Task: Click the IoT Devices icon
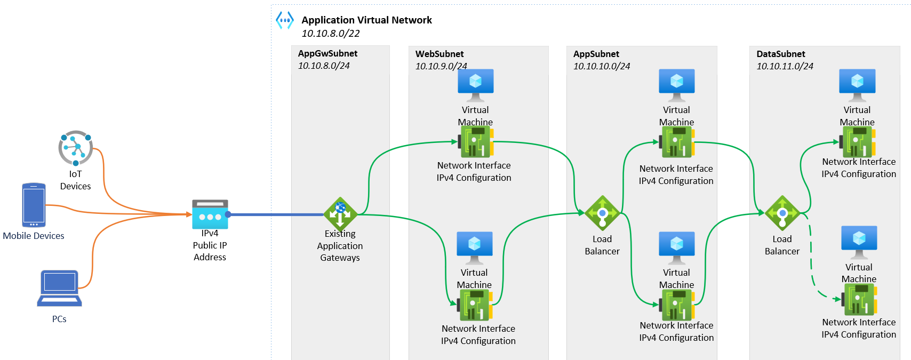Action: point(75,148)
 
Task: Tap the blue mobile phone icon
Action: point(34,205)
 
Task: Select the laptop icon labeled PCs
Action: point(59,289)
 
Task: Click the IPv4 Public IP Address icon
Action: point(210,214)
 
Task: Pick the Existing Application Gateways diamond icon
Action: point(340,214)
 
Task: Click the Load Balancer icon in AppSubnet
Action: point(602,213)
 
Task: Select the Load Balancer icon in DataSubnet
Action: point(782,213)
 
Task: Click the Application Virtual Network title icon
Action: point(285,20)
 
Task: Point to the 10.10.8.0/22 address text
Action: point(331,33)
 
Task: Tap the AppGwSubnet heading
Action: point(327,53)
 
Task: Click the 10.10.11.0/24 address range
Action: point(785,66)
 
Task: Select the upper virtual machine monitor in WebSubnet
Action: point(475,85)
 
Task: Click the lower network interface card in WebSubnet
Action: point(475,305)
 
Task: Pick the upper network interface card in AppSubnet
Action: point(677,142)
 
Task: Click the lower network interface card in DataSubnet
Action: point(859,299)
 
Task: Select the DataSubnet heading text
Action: point(781,54)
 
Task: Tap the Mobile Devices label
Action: point(34,236)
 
